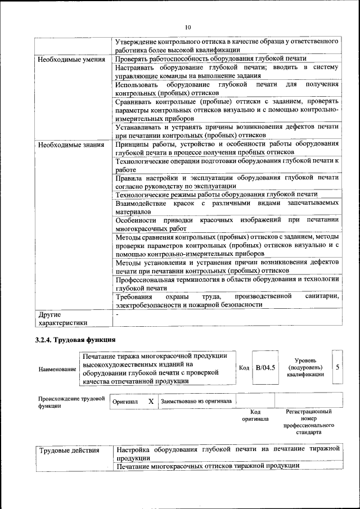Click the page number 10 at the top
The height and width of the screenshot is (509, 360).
pyautogui.click(x=188, y=27)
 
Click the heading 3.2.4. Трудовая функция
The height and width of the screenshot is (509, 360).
pyautogui.click(x=75, y=340)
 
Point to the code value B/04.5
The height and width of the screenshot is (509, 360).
pyautogui.click(x=265, y=368)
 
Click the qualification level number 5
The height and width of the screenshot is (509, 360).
pyautogui.click(x=337, y=367)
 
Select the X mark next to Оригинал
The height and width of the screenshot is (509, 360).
pyautogui.click(x=151, y=402)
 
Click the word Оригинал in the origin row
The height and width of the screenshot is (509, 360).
pyautogui.click(x=125, y=402)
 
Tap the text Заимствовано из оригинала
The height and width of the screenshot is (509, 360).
pyautogui.click(x=196, y=402)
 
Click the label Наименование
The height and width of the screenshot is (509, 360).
pyautogui.click(x=57, y=369)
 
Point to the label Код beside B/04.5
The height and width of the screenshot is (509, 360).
pyautogui.click(x=244, y=368)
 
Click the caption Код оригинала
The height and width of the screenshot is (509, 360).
pyautogui.click(x=255, y=415)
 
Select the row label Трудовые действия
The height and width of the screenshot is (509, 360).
pyautogui.click(x=69, y=450)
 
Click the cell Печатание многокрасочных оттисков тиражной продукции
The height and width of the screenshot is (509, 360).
pyautogui.click(x=208, y=466)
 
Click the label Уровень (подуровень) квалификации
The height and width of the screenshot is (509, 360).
pyautogui.click(x=305, y=367)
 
